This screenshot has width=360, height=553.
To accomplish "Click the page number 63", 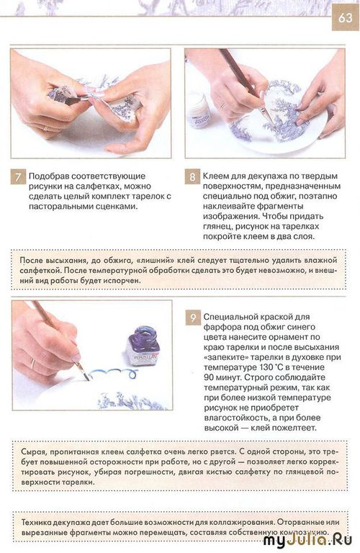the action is (345, 17).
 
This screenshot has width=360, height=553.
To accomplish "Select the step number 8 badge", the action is (192, 176).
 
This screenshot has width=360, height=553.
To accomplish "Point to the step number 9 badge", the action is (193, 318).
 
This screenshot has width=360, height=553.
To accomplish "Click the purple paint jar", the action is (143, 346).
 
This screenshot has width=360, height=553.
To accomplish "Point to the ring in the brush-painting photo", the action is (32, 363).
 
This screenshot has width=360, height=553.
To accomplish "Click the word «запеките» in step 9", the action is (225, 357).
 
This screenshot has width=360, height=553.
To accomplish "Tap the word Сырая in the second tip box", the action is (33, 452).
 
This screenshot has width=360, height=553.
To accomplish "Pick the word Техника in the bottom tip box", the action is (36, 522).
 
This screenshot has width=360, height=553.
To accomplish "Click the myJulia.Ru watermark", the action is (307, 540).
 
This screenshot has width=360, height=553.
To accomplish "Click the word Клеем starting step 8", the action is (215, 176).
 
